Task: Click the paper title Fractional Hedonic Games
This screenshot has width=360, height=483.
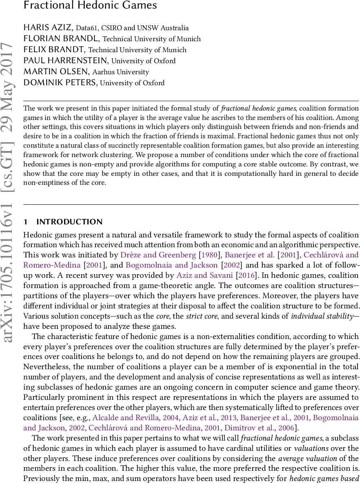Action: point(90,6)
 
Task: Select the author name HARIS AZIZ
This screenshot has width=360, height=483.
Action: point(47,28)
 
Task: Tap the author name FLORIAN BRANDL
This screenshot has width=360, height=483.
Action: point(62,39)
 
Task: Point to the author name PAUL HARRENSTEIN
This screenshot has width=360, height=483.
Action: point(66,61)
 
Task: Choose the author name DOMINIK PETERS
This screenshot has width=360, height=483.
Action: point(60,83)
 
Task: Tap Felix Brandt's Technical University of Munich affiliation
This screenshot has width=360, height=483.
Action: point(137,50)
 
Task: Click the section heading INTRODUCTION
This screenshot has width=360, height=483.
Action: point(69,222)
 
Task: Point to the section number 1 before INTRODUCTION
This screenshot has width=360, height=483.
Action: point(25,222)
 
